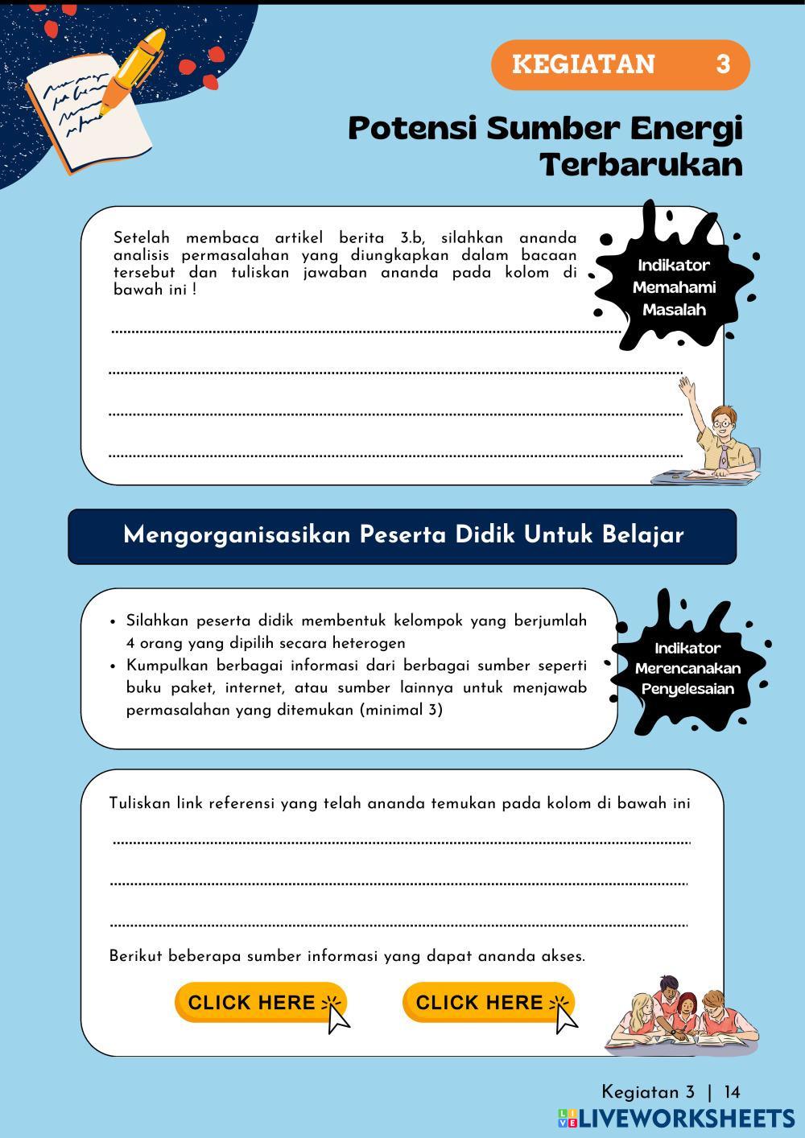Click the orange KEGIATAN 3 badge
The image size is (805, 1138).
(x=620, y=64)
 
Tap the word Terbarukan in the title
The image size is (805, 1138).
(x=641, y=165)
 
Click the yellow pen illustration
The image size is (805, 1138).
(x=133, y=68)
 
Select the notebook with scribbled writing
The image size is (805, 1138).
(x=85, y=117)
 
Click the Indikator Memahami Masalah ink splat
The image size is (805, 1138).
(x=673, y=286)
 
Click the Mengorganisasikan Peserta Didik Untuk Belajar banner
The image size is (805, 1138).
(x=402, y=535)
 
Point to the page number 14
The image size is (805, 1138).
(x=732, y=1092)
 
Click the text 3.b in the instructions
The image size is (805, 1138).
(x=411, y=238)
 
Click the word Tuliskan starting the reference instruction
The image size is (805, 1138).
(x=139, y=803)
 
